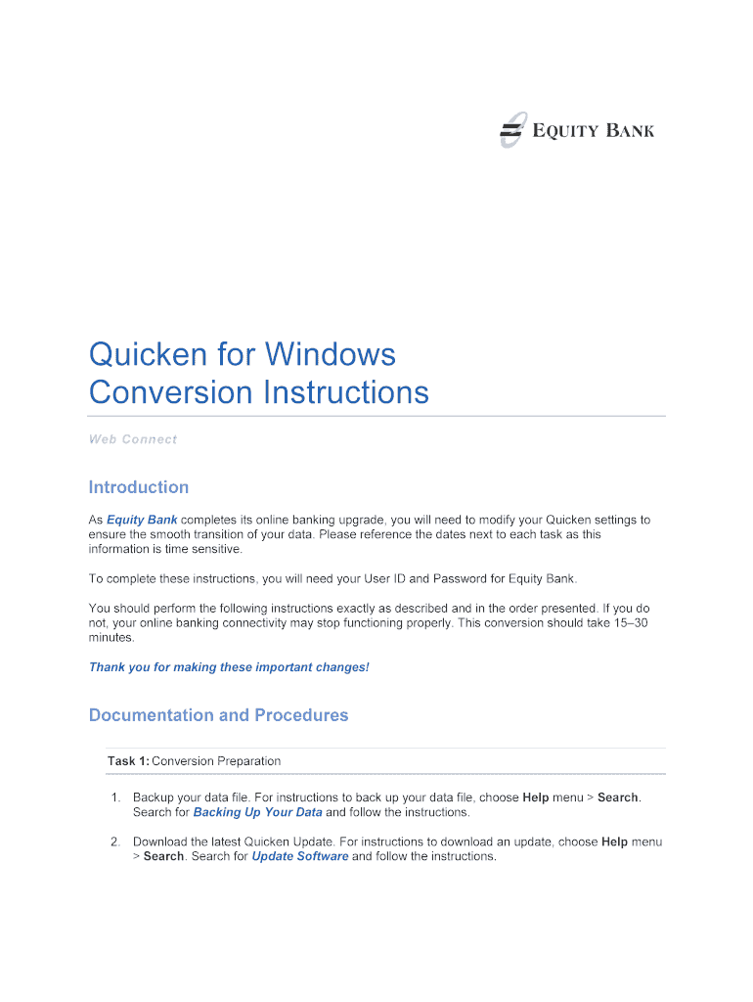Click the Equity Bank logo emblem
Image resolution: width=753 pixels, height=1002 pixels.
click(x=511, y=130)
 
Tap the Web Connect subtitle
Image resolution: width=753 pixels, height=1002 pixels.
click(x=133, y=439)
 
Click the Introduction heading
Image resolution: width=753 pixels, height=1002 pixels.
click(x=138, y=487)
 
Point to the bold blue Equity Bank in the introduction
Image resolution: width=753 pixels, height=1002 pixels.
click(x=142, y=520)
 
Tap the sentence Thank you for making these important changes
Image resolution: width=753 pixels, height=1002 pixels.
click(x=229, y=667)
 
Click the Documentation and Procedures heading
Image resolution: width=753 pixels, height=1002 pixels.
click(x=218, y=715)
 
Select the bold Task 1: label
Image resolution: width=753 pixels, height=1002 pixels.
click(x=128, y=760)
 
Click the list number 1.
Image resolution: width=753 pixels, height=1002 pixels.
click(x=115, y=797)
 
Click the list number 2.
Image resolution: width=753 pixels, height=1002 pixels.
click(x=115, y=842)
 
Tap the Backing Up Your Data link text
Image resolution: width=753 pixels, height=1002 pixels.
click(x=257, y=812)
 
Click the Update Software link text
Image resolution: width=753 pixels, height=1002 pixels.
click(x=299, y=856)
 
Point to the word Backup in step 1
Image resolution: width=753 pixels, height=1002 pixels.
click(x=154, y=797)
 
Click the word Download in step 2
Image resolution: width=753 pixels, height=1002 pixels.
click(x=159, y=842)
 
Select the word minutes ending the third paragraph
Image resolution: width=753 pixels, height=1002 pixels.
click(x=111, y=637)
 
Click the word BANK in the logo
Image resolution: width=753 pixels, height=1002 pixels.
click(x=630, y=130)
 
